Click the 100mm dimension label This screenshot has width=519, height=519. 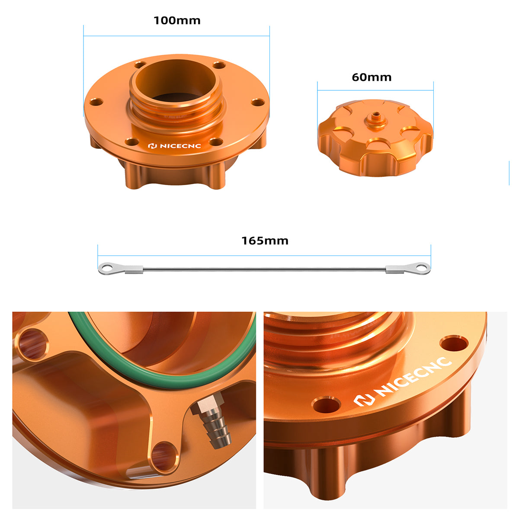point(177,20)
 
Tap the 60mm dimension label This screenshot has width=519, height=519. point(372,77)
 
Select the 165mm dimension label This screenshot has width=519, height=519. point(265,240)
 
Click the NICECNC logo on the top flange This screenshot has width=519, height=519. point(174,146)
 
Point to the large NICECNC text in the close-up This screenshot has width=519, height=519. point(402,381)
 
